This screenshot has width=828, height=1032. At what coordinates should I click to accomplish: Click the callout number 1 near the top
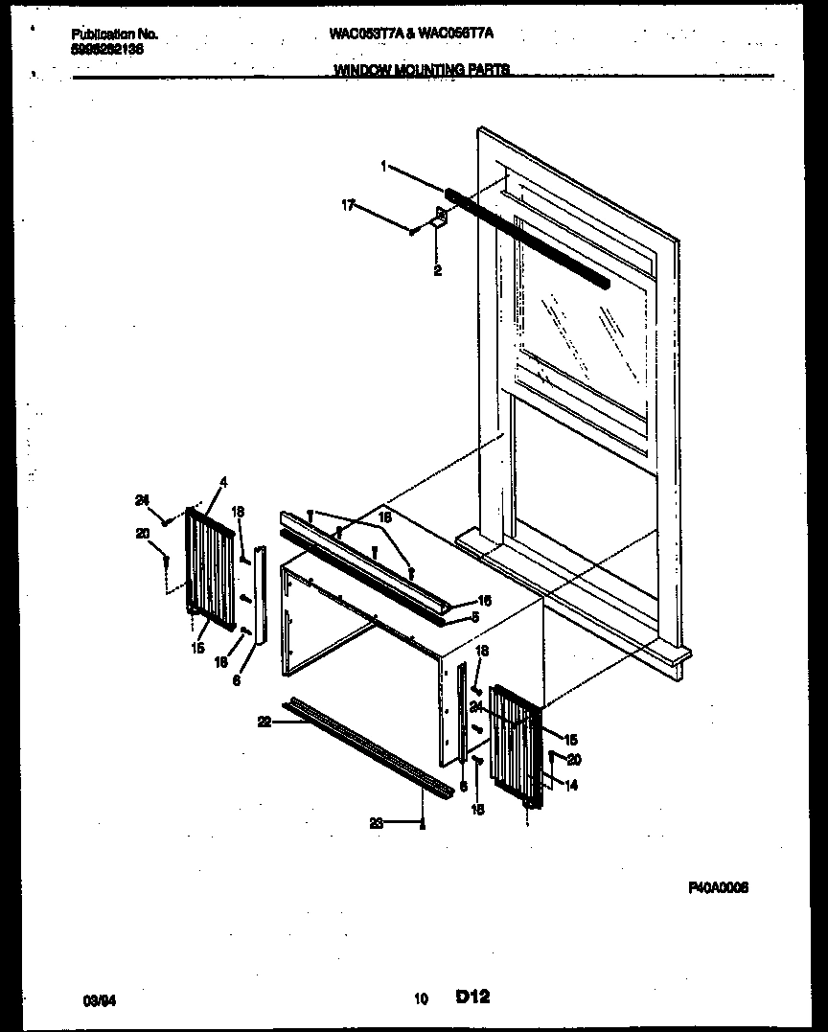pyautogui.click(x=383, y=166)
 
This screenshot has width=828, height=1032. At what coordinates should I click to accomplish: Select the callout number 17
pyautogui.click(x=348, y=204)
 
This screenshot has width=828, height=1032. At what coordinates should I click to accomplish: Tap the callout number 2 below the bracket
pyautogui.click(x=437, y=271)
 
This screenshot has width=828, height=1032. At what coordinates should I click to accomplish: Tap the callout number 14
pyautogui.click(x=571, y=786)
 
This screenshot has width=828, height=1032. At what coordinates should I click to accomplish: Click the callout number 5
pyautogui.click(x=475, y=616)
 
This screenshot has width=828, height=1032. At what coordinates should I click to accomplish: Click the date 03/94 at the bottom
pyautogui.click(x=97, y=1000)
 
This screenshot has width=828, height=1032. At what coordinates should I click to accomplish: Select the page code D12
pyautogui.click(x=473, y=998)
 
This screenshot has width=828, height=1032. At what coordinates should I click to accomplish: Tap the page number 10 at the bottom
pyautogui.click(x=421, y=999)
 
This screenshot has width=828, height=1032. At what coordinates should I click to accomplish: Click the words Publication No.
pyautogui.click(x=114, y=34)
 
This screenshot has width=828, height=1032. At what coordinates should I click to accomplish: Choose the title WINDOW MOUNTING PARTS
pyautogui.click(x=422, y=69)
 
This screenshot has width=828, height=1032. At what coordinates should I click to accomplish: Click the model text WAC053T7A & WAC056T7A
pyautogui.click(x=411, y=33)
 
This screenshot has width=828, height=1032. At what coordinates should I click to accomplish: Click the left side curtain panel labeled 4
pyautogui.click(x=211, y=570)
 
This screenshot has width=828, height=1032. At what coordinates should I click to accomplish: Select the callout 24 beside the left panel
pyautogui.click(x=142, y=499)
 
